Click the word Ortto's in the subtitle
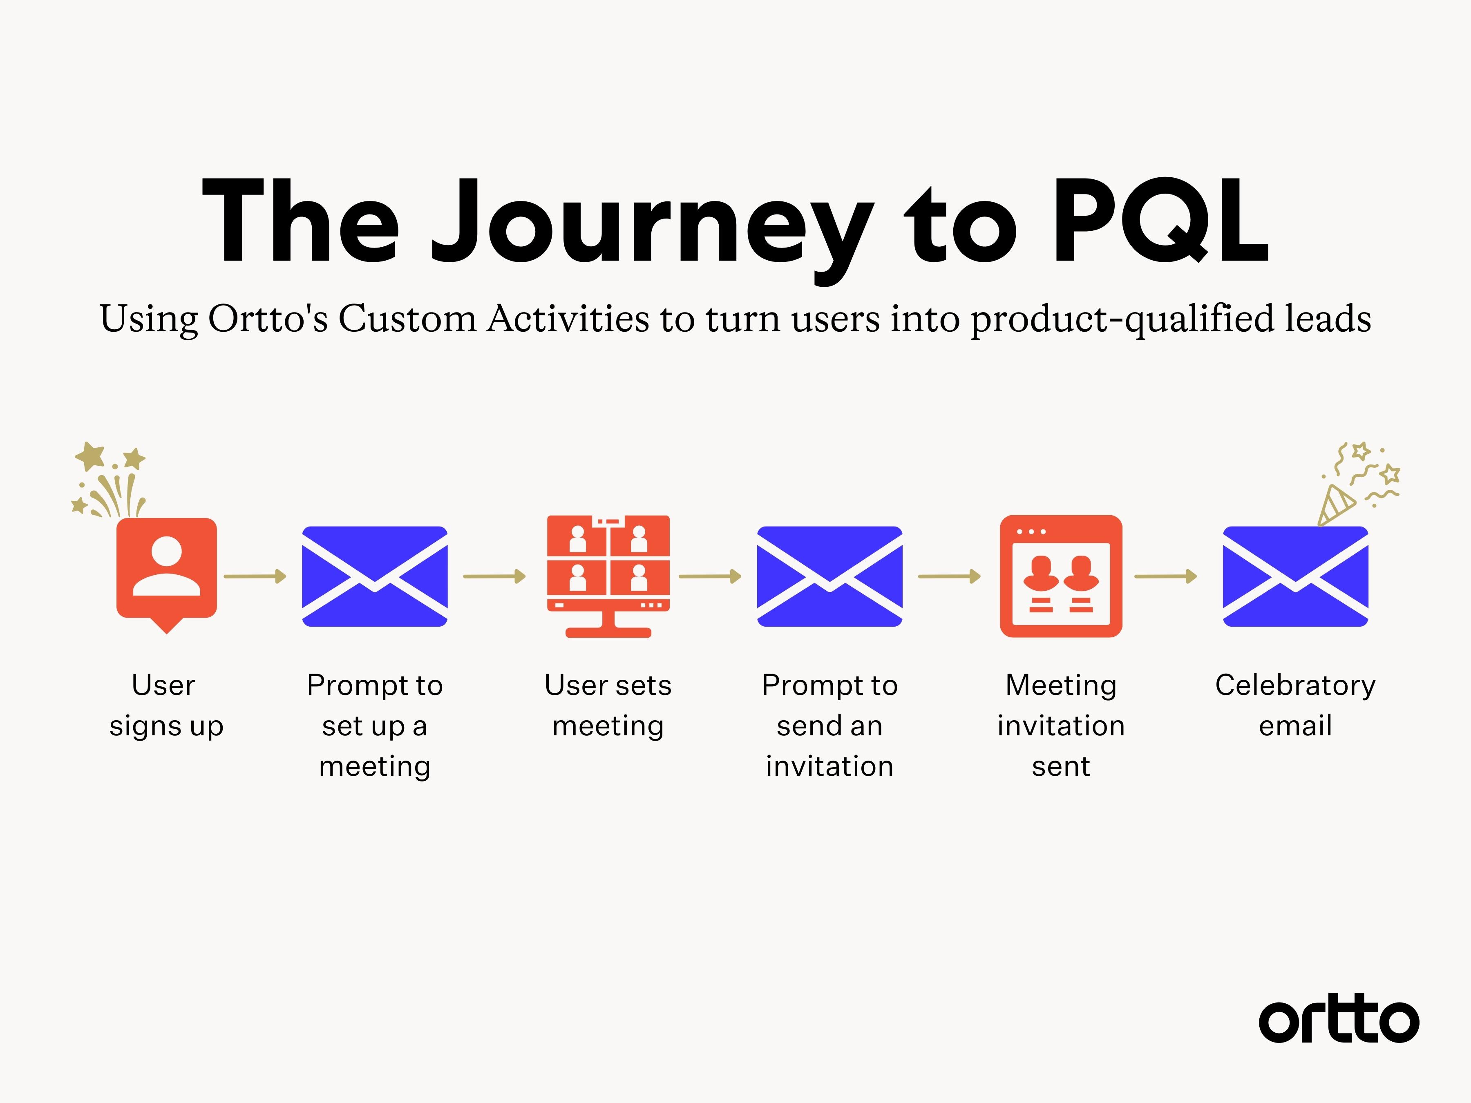pyautogui.click(x=267, y=319)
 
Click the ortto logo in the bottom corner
pyautogui.click(x=1338, y=1019)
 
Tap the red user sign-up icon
pyautogui.click(x=166, y=570)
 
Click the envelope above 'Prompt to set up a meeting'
pyautogui.click(x=374, y=576)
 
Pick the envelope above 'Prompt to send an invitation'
pyautogui.click(x=829, y=576)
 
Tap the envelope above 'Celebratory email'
pyautogui.click(x=1295, y=576)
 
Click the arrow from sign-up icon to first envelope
pyautogui.click(x=255, y=576)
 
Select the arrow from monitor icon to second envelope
pyautogui.click(x=710, y=576)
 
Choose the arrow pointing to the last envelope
pyautogui.click(x=1165, y=576)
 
